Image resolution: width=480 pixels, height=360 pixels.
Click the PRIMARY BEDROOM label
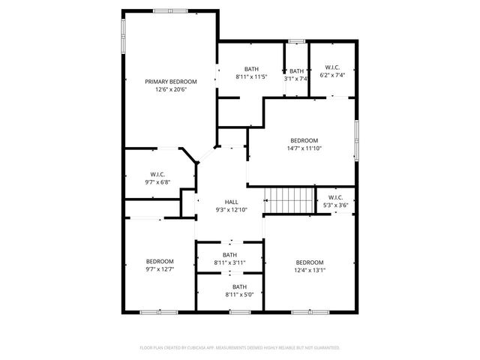(x=171, y=81)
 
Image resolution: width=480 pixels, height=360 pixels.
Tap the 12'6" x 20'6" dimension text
(x=171, y=89)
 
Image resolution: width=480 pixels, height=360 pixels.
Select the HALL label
(x=231, y=202)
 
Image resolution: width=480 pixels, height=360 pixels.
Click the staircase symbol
(x=289, y=200)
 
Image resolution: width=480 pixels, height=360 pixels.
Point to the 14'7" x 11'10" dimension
(x=304, y=148)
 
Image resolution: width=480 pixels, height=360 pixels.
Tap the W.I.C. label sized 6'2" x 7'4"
(x=331, y=67)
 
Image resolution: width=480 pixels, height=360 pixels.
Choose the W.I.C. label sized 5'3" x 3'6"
(x=335, y=197)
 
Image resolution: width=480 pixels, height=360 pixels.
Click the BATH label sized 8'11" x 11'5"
(x=251, y=68)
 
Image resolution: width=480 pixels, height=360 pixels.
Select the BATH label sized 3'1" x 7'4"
(x=297, y=70)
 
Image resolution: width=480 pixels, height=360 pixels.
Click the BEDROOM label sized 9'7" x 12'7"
(x=160, y=261)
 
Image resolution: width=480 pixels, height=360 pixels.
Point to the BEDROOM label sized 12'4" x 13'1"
(x=309, y=262)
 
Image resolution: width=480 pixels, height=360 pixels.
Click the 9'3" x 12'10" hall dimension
(x=231, y=210)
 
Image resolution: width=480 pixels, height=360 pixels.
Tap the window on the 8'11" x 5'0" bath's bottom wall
(x=240, y=311)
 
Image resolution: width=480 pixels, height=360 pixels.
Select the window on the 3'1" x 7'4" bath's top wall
(x=297, y=40)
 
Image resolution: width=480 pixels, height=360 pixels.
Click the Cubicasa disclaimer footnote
(x=240, y=348)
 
